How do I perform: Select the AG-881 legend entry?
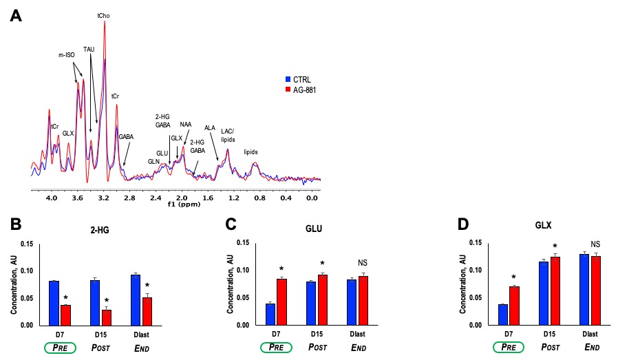[x=303, y=89]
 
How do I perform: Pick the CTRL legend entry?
[x=300, y=78]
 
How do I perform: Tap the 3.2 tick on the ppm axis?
[x=103, y=198]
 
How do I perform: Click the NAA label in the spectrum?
[x=186, y=125]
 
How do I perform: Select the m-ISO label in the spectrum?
[x=66, y=54]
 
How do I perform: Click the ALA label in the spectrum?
[x=210, y=127]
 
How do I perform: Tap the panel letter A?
[x=14, y=16]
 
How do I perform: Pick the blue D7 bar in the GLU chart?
[x=270, y=314]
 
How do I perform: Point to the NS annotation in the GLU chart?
[x=363, y=262]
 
